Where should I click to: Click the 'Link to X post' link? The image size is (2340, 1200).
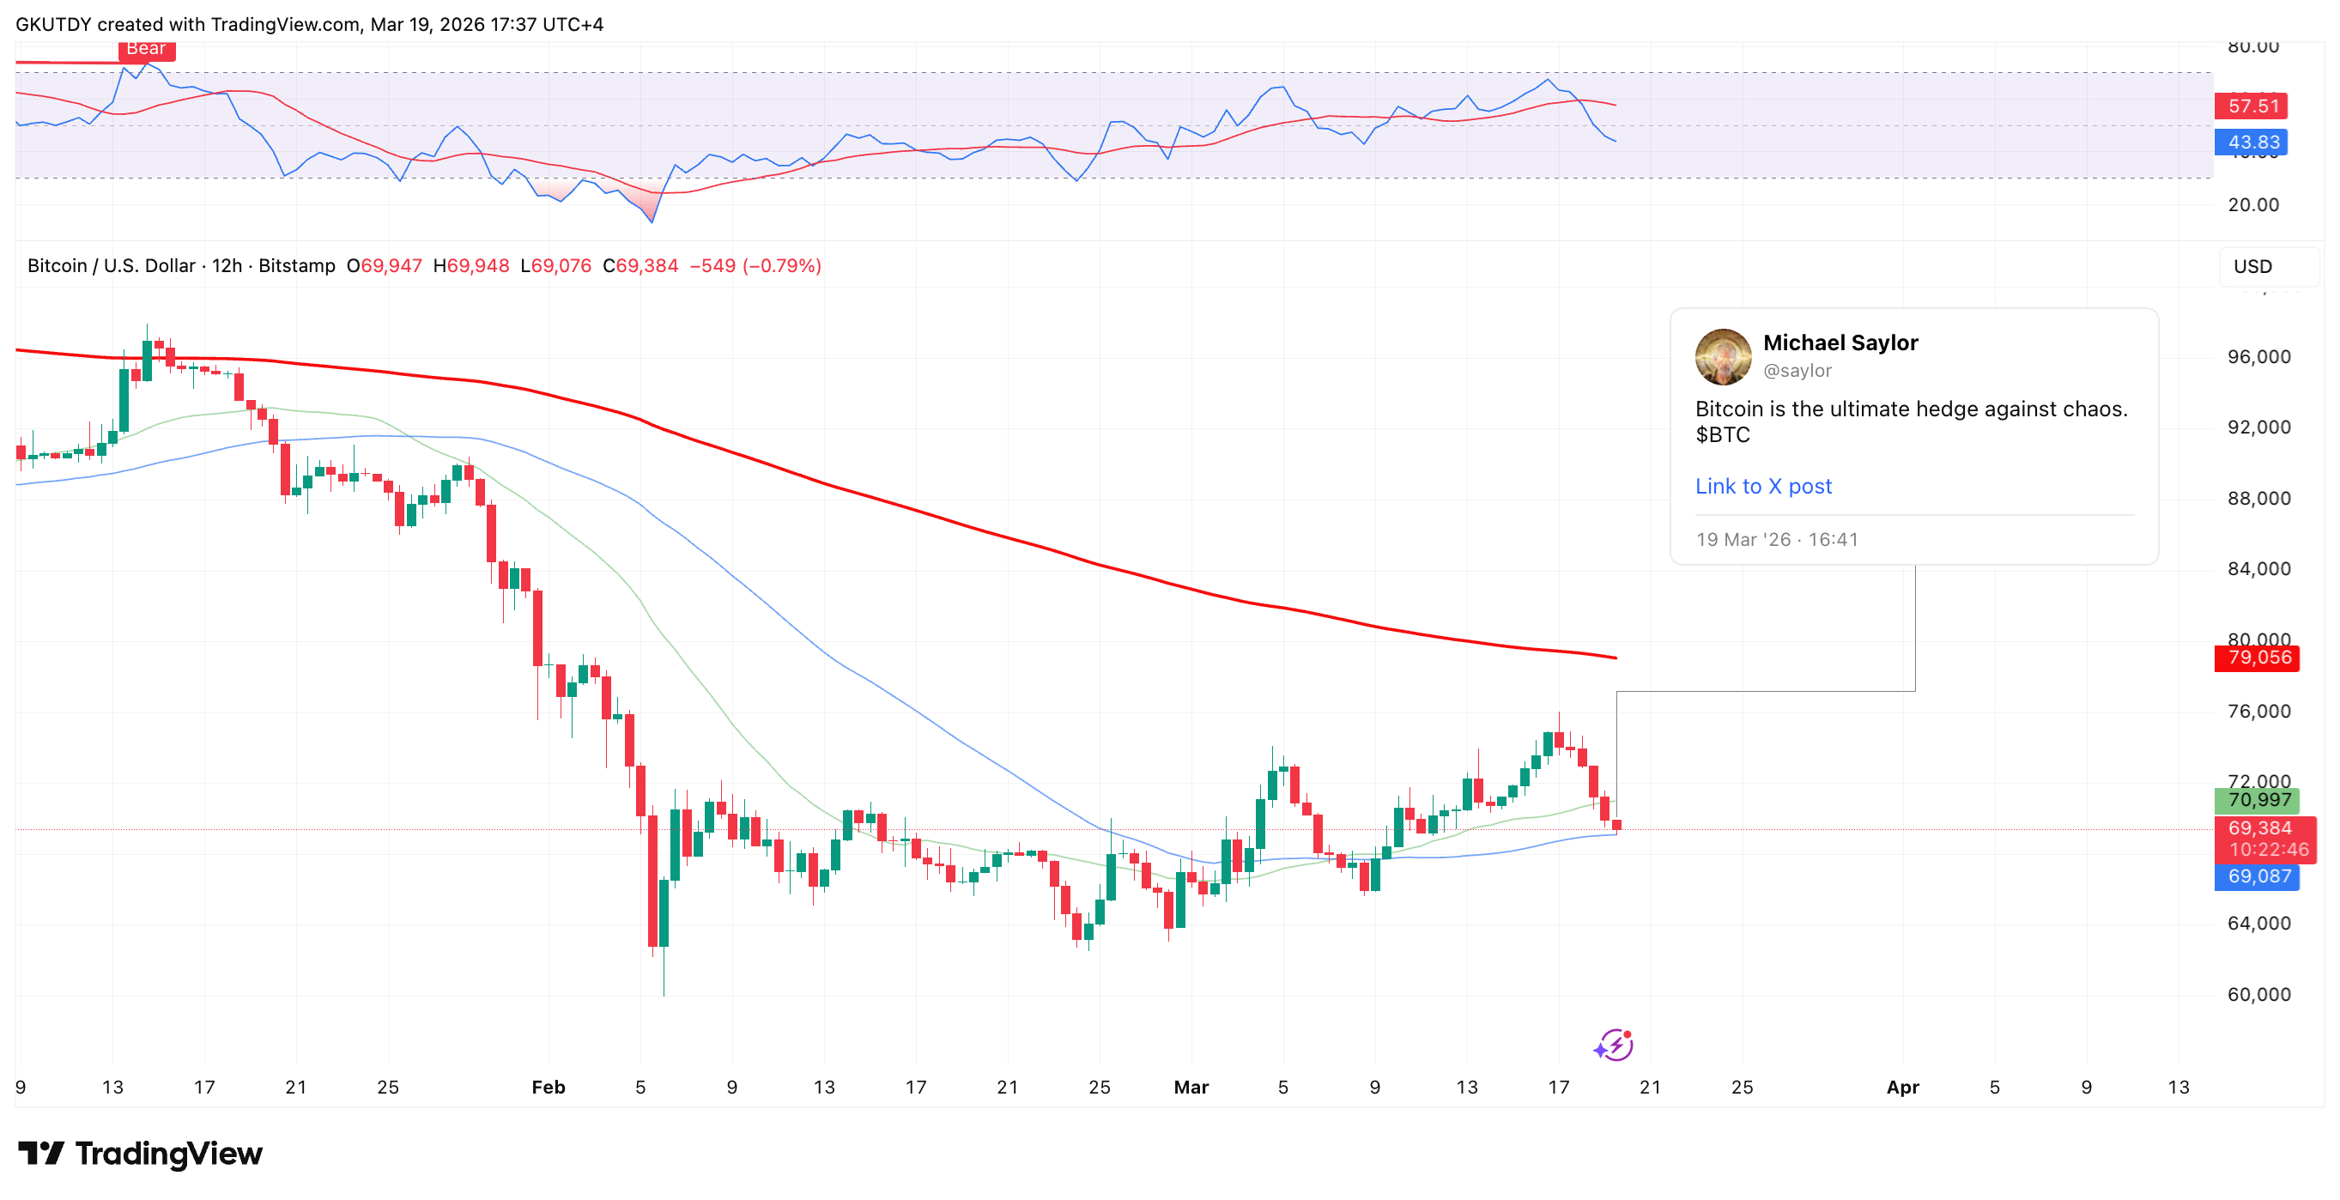pyautogui.click(x=1762, y=486)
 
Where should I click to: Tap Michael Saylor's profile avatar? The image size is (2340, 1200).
pyautogui.click(x=1722, y=356)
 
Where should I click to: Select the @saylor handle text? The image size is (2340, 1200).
pyautogui.click(x=1797, y=371)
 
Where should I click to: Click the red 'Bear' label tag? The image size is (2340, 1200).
pyautogui.click(x=146, y=49)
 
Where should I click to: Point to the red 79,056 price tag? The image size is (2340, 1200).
pyautogui.click(x=2257, y=658)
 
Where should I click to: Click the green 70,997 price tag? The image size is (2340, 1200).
pyautogui.click(x=2257, y=800)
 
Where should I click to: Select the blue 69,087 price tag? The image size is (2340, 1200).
pyautogui.click(x=2257, y=876)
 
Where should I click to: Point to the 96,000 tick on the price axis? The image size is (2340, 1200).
pyautogui.click(x=2258, y=357)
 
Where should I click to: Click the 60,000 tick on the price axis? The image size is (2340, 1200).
pyautogui.click(x=2258, y=995)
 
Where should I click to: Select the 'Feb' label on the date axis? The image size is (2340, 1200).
pyautogui.click(x=548, y=1088)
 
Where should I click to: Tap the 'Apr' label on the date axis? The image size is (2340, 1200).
pyautogui.click(x=1902, y=1088)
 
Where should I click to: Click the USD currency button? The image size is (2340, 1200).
pyautogui.click(x=2252, y=266)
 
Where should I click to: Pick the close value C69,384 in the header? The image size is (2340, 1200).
pyautogui.click(x=640, y=266)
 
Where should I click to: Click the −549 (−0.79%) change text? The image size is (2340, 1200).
pyautogui.click(x=755, y=266)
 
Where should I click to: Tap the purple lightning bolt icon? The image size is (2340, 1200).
pyautogui.click(x=1614, y=1045)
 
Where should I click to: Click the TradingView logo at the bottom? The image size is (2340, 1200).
pyautogui.click(x=141, y=1154)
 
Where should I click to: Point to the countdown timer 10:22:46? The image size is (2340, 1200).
pyautogui.click(x=2267, y=851)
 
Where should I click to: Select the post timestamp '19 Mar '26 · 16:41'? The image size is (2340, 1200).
pyautogui.click(x=1776, y=540)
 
